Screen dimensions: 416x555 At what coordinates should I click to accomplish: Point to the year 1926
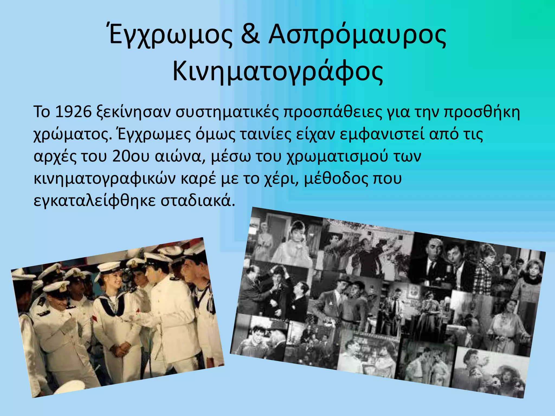73,112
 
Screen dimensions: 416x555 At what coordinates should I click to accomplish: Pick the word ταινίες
264,134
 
